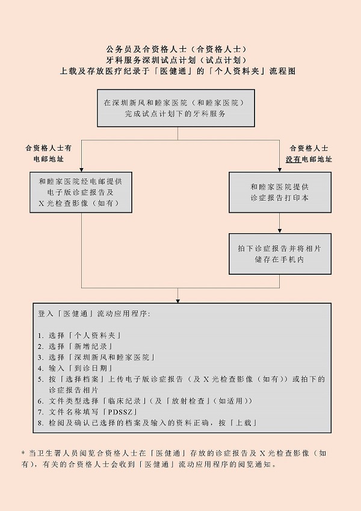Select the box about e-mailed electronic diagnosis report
(x=81, y=192)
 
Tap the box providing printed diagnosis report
(x=279, y=192)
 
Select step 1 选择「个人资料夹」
(x=79, y=335)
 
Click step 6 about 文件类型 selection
(x=144, y=401)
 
